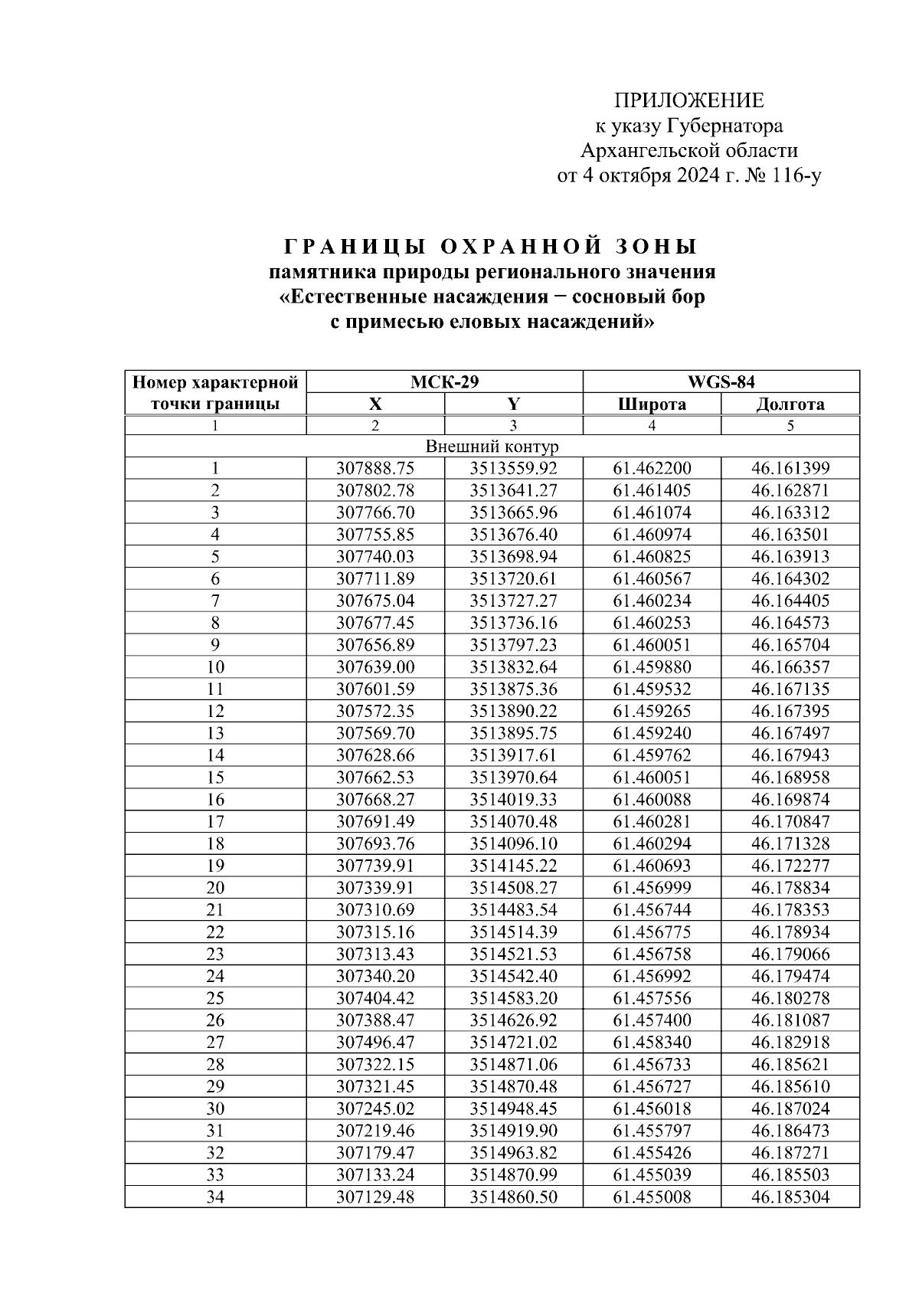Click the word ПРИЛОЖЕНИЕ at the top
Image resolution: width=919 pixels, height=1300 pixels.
point(689,101)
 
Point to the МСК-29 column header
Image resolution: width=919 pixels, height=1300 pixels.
point(444,382)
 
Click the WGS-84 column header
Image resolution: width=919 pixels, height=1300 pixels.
point(721,382)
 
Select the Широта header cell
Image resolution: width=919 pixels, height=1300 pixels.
point(652,404)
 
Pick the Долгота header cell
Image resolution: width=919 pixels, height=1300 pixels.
point(790,404)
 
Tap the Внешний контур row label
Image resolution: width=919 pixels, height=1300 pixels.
point(492,447)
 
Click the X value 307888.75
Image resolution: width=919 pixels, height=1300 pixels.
point(375,469)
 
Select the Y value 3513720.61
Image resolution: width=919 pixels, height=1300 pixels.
point(513,579)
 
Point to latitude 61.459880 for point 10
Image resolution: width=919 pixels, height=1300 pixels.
point(652,667)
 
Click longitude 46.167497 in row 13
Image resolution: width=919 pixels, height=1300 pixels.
point(790,734)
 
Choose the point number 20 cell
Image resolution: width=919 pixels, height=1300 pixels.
point(215,889)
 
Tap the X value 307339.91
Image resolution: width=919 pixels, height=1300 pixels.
point(375,889)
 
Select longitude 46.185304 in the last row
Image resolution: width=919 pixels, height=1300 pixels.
point(790,1197)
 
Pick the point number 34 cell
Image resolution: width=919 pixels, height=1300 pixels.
point(215,1197)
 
